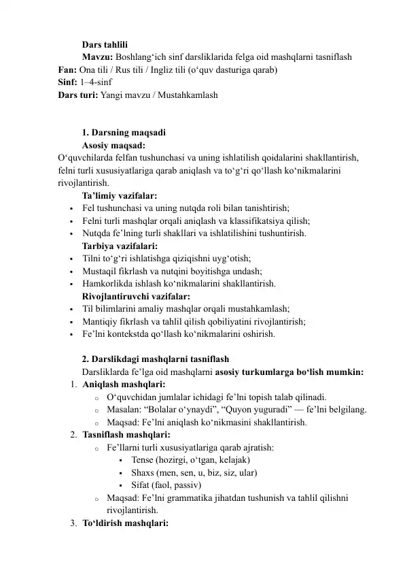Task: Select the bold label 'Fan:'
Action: (x=67, y=70)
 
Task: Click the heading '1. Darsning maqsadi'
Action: (x=123, y=133)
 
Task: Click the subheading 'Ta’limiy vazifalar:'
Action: (x=120, y=196)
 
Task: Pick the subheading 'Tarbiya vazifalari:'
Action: (x=120, y=246)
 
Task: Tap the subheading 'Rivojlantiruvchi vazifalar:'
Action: (x=136, y=296)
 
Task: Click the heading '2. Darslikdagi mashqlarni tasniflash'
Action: (x=155, y=359)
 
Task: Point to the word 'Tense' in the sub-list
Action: (x=143, y=459)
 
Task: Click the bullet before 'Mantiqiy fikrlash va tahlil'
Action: (x=71, y=322)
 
